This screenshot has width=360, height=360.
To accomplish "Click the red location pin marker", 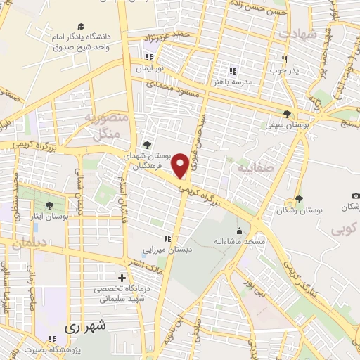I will pyautogui.click(x=180, y=165).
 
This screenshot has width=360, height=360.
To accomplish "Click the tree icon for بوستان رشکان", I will pyautogui.click(x=300, y=199).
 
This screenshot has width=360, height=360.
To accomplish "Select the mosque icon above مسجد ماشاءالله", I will pyautogui.click(x=240, y=231).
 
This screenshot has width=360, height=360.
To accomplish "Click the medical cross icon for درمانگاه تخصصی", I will pyautogui.click(x=123, y=278).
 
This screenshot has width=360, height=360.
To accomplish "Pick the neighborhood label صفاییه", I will pyautogui.click(x=253, y=169).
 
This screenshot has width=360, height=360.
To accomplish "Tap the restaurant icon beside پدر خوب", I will pyautogui.click(x=285, y=60).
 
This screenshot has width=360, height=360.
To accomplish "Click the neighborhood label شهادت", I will pyautogui.click(x=297, y=33).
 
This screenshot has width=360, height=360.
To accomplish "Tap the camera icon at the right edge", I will pyautogui.click(x=356, y=195).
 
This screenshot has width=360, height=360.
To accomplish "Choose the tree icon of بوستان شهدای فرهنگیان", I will pyautogui.click(x=146, y=144).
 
